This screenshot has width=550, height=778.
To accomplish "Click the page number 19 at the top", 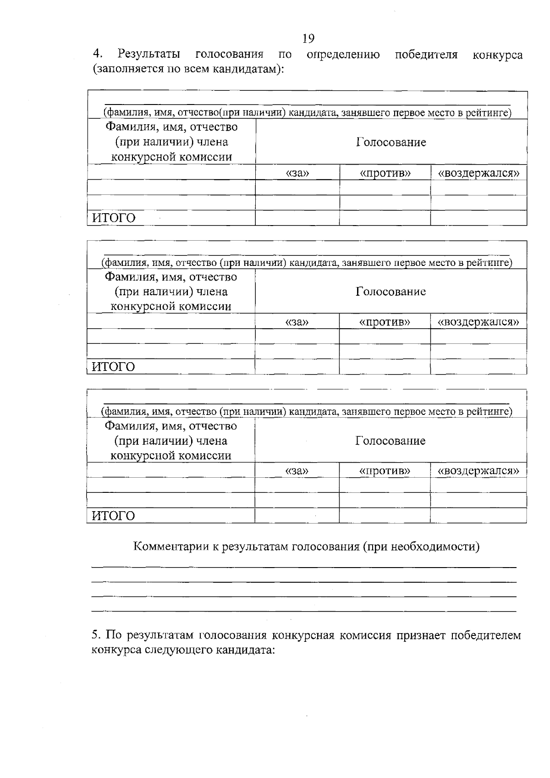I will click(x=308, y=39).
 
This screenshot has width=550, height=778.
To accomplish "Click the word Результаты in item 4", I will click(x=148, y=55).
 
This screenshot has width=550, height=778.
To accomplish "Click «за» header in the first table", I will click(x=297, y=173).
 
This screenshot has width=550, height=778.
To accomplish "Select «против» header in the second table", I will click(x=385, y=322).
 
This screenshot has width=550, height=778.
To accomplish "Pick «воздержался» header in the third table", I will click(x=478, y=471).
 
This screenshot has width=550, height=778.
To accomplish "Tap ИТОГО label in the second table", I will click(x=114, y=367).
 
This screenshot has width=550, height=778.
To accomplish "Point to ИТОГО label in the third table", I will click(x=114, y=516).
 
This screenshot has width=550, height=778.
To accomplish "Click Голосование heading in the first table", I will click(x=391, y=142).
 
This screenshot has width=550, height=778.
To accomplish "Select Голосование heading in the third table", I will click(x=390, y=441).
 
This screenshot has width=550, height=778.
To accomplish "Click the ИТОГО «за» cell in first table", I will click(x=297, y=218).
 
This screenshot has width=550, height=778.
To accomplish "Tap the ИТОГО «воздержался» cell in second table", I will click(x=478, y=367).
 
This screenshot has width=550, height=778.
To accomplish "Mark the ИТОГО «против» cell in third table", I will click(x=385, y=516).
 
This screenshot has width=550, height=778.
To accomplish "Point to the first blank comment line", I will click(x=304, y=568).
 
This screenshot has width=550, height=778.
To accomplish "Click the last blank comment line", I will click(x=304, y=611).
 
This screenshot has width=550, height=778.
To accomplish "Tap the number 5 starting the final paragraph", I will click(x=95, y=635).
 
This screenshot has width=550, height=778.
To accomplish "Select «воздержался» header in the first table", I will click(x=478, y=173).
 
